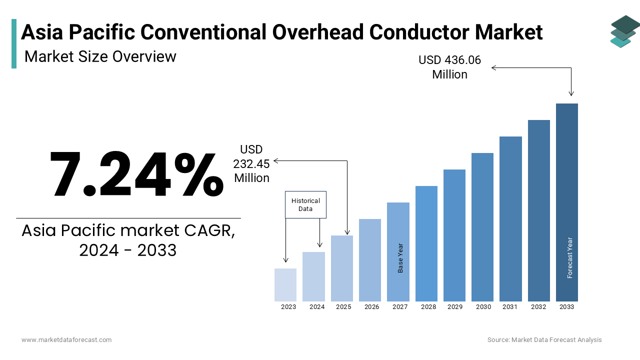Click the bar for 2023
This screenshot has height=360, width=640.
coord(285,285)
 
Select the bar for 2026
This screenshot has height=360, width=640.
coord(370,260)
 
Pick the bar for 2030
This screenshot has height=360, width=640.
coord(482,227)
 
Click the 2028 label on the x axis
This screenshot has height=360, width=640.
coord(428,307)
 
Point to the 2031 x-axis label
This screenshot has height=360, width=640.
coord(510,307)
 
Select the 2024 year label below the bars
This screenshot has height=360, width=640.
coord(317,307)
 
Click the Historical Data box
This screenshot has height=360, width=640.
coord(305,204)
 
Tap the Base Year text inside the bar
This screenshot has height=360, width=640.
coord(400,258)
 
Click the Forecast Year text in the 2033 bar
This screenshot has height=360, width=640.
coord(569,257)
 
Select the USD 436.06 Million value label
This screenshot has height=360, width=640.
coord(449,67)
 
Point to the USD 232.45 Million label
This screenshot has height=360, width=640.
coord(251,163)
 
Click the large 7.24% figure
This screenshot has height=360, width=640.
coord(136,174)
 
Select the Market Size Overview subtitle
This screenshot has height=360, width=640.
coord(100,56)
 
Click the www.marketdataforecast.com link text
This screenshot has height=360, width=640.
coord(66,339)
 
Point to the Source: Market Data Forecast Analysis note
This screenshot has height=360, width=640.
coord(544,339)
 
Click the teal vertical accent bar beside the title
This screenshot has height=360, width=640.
coord(14,43)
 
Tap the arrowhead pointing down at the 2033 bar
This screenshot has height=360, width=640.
coord(571,93)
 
